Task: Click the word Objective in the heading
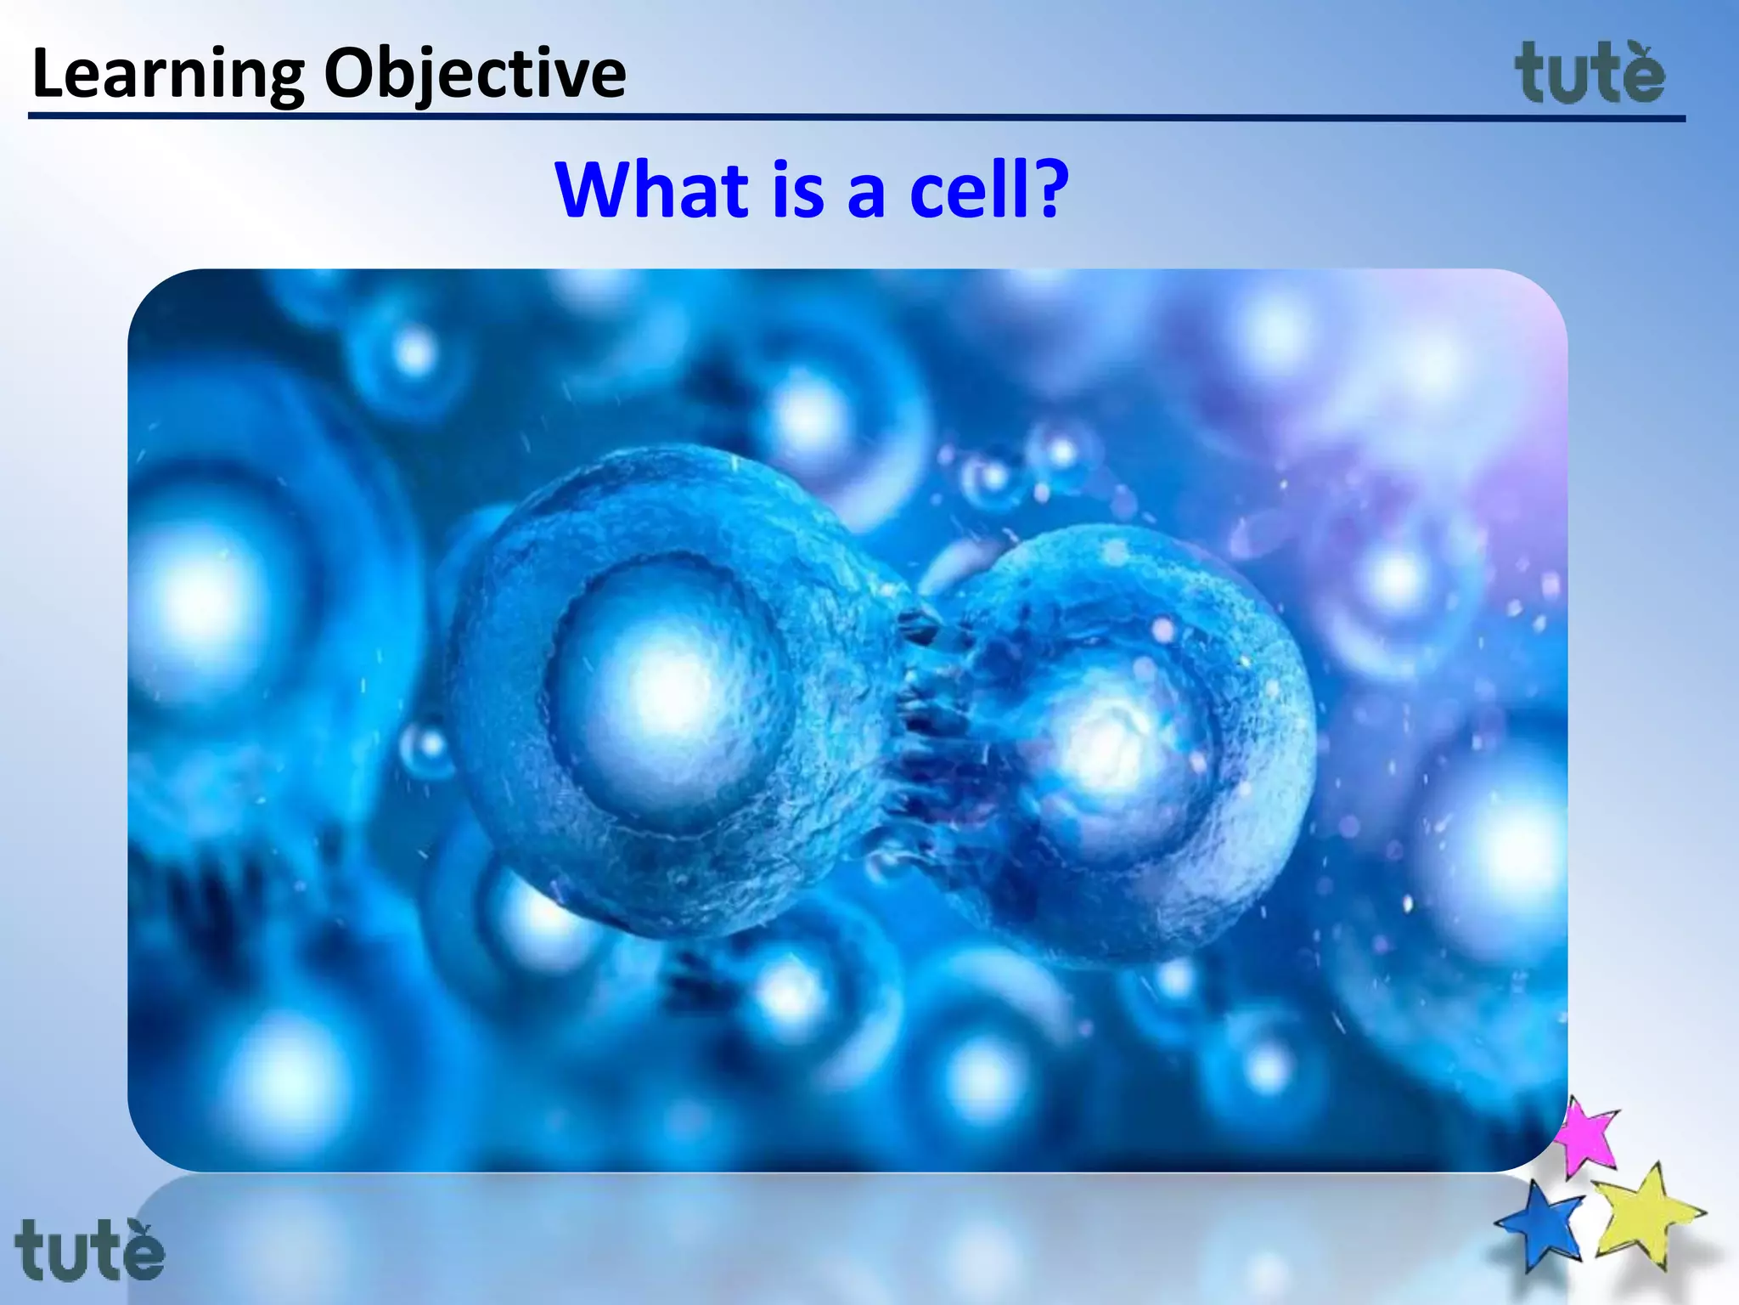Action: pos(475,75)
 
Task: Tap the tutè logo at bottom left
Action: pos(89,1249)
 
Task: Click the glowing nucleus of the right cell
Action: pos(1108,748)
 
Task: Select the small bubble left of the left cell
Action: pos(427,749)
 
